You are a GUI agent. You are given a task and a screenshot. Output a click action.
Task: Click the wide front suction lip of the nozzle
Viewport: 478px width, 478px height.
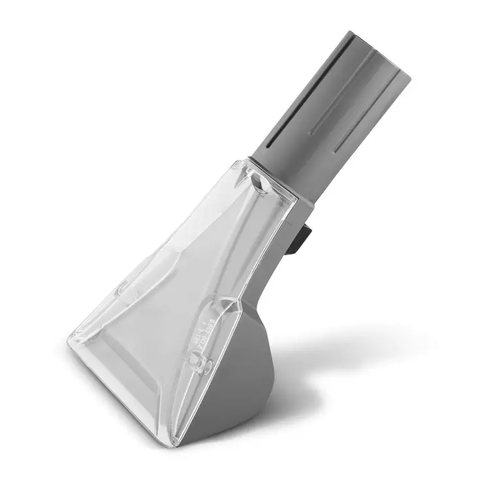124,385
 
